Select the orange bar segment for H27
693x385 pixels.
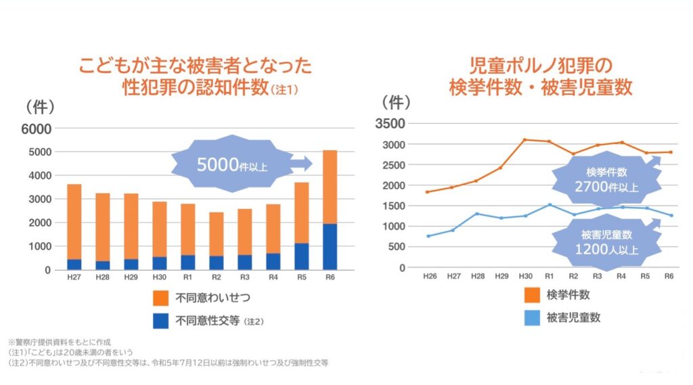[x=74, y=221]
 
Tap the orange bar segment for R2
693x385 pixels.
[x=217, y=233]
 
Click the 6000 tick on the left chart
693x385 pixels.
[x=36, y=129]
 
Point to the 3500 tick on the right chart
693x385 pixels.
[x=393, y=123]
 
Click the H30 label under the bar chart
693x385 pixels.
[x=160, y=277]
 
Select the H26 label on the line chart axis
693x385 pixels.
[x=428, y=276]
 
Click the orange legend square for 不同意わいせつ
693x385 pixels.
[x=161, y=297]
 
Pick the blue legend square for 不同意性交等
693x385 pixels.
[x=161, y=321]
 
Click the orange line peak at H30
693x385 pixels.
[x=524, y=139]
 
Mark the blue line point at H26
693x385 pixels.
[x=428, y=236]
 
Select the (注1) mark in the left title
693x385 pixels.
[x=284, y=89]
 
